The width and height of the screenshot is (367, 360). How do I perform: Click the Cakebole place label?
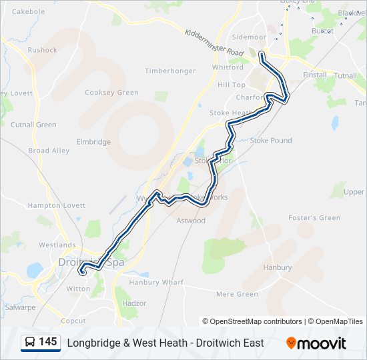pyautogui.click(x=29, y=11)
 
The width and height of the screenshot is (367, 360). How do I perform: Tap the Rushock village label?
pyautogui.click(x=43, y=49)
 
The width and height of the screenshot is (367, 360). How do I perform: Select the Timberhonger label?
pyautogui.click(x=170, y=71)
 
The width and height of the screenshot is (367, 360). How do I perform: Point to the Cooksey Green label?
pyautogui.click(x=111, y=93)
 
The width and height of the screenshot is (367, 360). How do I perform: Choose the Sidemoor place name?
pyautogui.click(x=248, y=38)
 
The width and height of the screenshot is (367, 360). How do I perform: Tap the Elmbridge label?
pyautogui.click(x=93, y=141)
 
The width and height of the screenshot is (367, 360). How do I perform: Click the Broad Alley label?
pyautogui.click(x=49, y=151)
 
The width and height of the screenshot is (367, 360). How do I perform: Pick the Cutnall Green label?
pyautogui.click(x=33, y=125)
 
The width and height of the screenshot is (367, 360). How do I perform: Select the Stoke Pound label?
pyautogui.click(x=271, y=141)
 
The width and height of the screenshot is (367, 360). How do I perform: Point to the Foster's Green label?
pyautogui.click(x=314, y=217)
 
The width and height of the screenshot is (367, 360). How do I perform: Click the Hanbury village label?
pyautogui.click(x=277, y=267)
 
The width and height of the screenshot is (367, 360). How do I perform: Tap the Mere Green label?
pyautogui.click(x=237, y=294)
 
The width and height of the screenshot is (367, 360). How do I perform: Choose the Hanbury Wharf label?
pyautogui.click(x=156, y=283)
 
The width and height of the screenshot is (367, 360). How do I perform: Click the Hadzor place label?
pyautogui.click(x=134, y=303)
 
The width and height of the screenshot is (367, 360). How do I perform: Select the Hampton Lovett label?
pyautogui.click(x=57, y=206)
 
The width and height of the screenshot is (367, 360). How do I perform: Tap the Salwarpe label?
pyautogui.click(x=19, y=307)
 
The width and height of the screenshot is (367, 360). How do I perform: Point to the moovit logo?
pyautogui.click(x=316, y=343)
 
